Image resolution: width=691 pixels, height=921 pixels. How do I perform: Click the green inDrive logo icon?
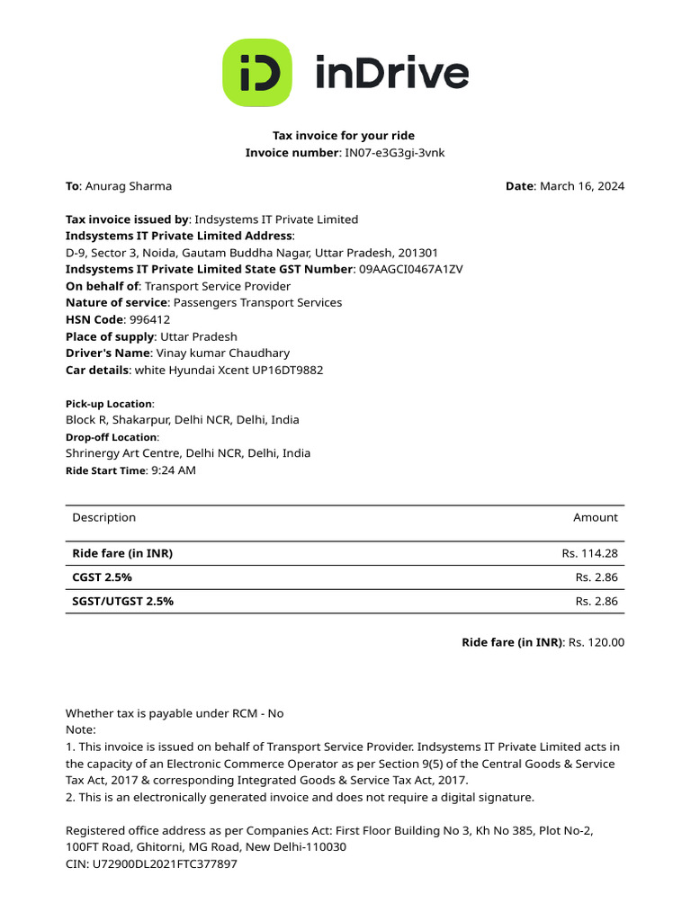point(257,72)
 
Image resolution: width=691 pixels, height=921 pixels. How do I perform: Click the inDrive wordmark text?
point(391,73)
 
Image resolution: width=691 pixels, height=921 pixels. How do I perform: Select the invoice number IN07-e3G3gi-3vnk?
point(395,153)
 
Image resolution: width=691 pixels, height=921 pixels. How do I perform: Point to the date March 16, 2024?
point(581,186)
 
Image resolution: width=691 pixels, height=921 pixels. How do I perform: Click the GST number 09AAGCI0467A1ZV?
point(411,269)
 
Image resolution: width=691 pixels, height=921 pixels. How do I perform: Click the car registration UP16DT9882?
point(286,370)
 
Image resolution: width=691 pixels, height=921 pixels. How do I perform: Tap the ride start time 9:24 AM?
point(174,469)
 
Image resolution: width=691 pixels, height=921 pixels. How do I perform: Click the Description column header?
point(103,517)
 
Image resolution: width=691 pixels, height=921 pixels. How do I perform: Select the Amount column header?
point(595,517)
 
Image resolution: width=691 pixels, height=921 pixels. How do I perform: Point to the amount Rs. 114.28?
point(589,553)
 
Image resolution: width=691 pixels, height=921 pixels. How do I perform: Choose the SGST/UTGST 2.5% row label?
point(122,601)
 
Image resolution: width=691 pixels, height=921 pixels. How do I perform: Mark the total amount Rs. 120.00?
point(597,642)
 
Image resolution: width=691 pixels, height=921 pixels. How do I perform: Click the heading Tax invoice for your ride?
point(344,136)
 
